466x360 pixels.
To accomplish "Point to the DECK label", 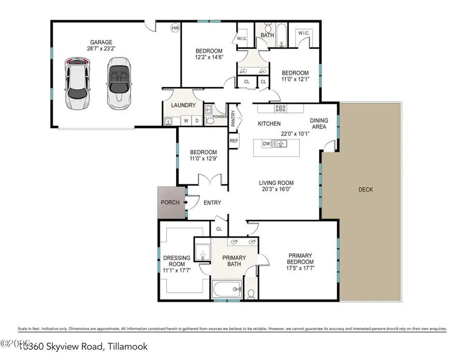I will [x=366, y=190].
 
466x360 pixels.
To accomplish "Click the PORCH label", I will [x=170, y=203].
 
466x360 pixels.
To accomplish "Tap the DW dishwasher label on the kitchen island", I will [x=267, y=144].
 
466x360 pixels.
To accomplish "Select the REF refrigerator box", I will [x=234, y=141].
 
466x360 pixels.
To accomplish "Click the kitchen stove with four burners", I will [x=281, y=109].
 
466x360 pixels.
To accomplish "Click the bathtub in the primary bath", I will [x=227, y=289].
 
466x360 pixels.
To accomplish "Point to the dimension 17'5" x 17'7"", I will [x=300, y=268].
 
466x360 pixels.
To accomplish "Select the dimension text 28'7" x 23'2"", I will [x=101, y=49].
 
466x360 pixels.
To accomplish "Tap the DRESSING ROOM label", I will [x=177, y=261].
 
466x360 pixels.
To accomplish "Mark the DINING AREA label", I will [x=319, y=124].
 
